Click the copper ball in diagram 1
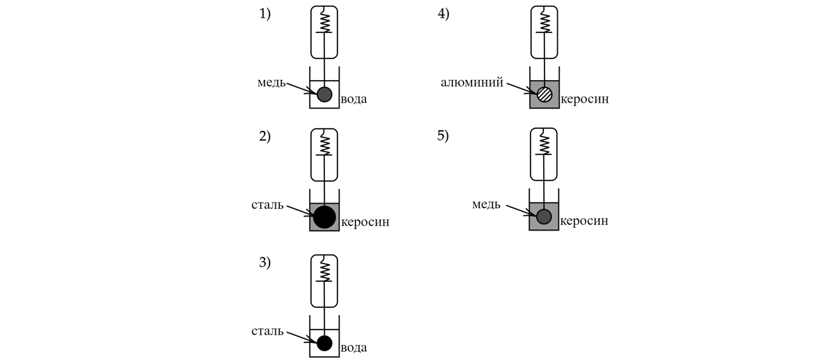point(324,95)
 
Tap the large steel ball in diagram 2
point(324,217)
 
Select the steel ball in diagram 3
point(324,343)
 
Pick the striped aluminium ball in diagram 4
point(544,95)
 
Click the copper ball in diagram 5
point(544,217)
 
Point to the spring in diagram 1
point(324,22)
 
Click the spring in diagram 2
point(324,144)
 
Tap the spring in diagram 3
point(324,270)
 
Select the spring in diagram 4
point(544,22)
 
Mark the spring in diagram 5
point(544,143)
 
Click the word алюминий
point(472,83)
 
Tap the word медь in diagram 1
point(271,83)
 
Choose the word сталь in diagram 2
point(268,206)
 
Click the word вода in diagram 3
point(353,347)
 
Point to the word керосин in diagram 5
point(584,221)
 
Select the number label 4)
point(444,15)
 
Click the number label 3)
point(265,263)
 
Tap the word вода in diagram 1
point(353,99)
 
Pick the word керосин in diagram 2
point(366,222)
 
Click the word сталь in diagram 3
point(268,331)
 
